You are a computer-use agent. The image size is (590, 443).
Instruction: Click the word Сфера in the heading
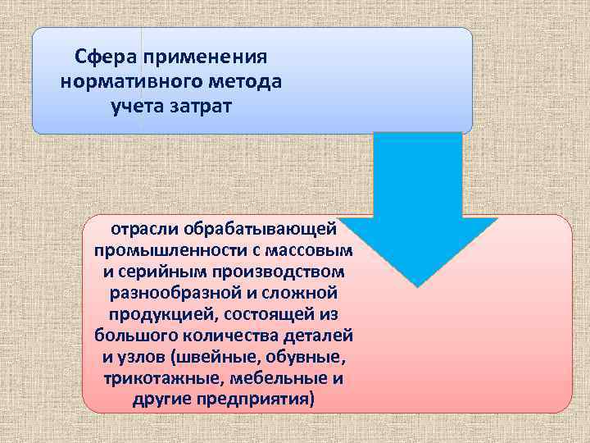(107, 57)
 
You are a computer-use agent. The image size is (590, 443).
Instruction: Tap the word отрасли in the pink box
(147, 226)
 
